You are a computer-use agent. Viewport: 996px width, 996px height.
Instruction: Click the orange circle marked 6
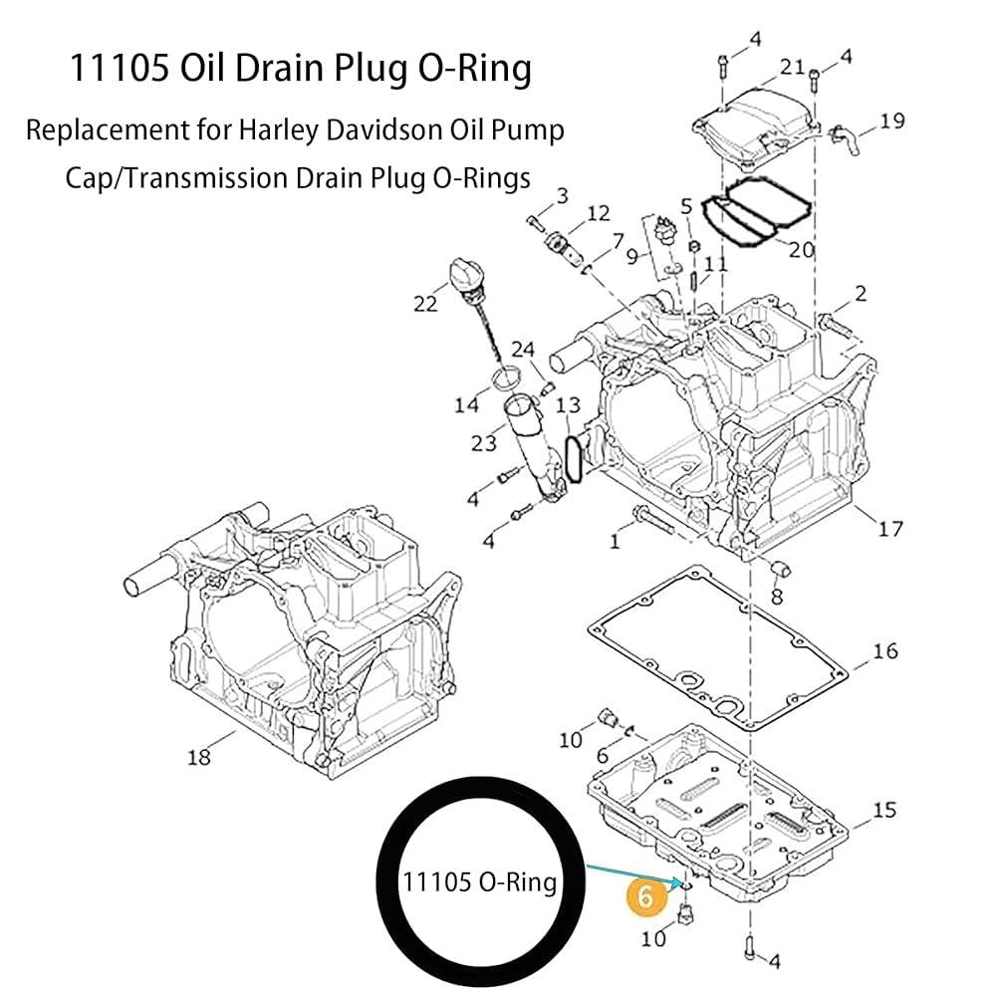(x=644, y=896)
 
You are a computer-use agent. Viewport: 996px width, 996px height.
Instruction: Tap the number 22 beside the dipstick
(x=425, y=304)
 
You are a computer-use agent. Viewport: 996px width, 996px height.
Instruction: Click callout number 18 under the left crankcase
(x=199, y=757)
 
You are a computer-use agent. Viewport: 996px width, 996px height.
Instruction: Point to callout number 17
(x=889, y=529)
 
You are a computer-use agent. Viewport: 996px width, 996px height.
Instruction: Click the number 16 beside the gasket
(x=885, y=651)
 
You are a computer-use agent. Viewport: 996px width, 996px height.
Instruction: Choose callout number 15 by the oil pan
(x=884, y=810)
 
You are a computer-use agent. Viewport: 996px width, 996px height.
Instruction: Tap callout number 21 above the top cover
(x=792, y=67)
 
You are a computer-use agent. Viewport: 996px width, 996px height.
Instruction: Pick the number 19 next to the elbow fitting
(x=892, y=121)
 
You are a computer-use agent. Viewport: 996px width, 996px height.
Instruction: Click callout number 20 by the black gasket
(x=802, y=250)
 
